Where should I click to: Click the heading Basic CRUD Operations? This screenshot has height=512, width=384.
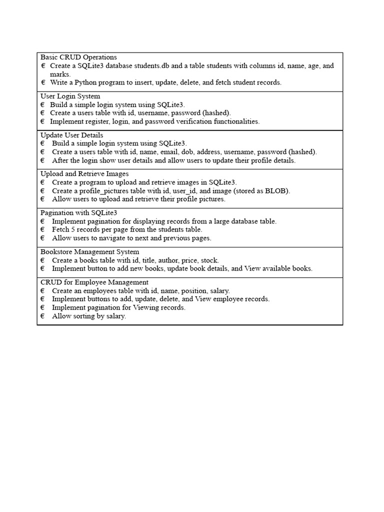tap(78, 57)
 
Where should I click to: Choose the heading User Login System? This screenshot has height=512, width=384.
tap(70, 96)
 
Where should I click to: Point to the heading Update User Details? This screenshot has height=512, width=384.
tap(72, 135)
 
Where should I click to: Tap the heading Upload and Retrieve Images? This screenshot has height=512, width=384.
tap(84, 174)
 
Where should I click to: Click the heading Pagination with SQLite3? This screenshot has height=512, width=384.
tap(79, 213)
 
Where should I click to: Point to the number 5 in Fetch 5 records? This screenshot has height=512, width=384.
tap(72, 229)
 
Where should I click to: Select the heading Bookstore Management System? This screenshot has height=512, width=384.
tap(90, 252)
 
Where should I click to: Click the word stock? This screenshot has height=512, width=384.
tap(207, 260)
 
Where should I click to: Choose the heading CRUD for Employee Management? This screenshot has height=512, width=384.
tap(94, 282)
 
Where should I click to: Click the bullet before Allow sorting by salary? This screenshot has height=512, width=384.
tap(42, 316)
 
